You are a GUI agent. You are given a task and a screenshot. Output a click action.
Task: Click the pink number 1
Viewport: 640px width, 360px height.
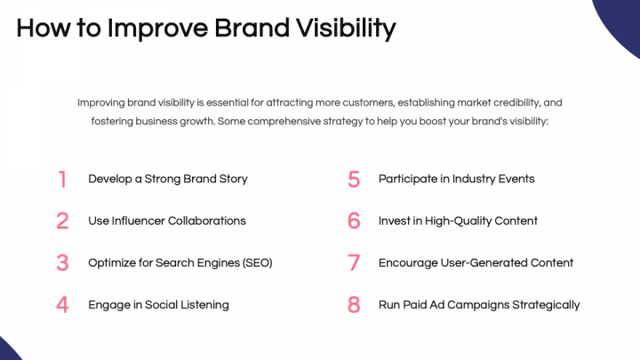(62, 179)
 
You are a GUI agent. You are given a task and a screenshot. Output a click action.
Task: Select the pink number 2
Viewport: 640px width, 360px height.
(62, 220)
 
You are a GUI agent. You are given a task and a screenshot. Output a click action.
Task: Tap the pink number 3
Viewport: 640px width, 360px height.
(62, 263)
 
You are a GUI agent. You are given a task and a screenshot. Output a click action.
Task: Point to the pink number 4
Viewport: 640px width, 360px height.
(62, 305)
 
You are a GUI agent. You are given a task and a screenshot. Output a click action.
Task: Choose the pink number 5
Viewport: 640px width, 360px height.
(354, 179)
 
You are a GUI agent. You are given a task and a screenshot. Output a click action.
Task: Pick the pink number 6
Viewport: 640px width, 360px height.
(354, 220)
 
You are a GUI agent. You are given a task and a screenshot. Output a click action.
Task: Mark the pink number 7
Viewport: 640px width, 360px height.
(354, 263)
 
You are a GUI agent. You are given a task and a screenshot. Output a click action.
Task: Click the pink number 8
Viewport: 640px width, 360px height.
(354, 305)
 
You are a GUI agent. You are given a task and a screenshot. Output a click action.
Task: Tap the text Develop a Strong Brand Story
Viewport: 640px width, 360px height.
(168, 179)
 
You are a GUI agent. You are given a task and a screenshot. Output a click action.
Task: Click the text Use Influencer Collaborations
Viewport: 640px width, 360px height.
(167, 220)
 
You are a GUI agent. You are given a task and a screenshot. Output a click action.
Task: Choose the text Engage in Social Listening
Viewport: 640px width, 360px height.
(158, 305)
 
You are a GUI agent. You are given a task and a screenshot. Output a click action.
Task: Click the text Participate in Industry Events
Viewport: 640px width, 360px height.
(457, 179)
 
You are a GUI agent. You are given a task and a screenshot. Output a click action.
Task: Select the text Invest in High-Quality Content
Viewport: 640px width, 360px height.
(458, 220)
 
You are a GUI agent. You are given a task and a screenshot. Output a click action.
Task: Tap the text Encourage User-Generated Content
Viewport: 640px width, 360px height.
(476, 263)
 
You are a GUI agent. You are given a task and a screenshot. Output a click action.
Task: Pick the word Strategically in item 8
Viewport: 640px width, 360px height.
(543, 305)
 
